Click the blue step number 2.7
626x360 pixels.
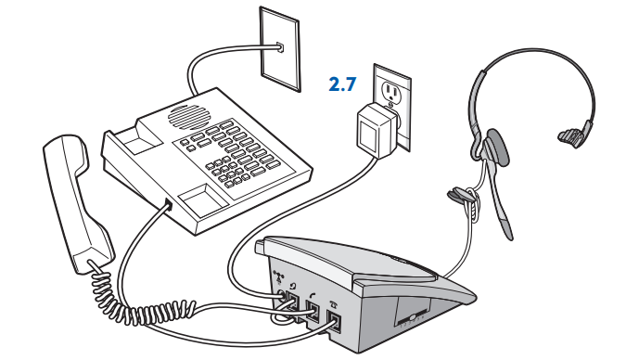(343, 85)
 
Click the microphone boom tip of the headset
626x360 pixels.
(508, 228)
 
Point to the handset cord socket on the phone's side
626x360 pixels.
(168, 205)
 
